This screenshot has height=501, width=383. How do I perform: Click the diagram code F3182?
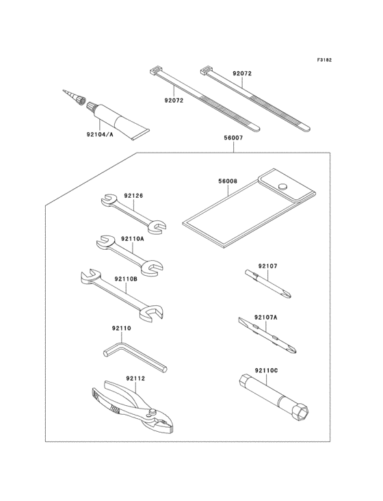pos(324,60)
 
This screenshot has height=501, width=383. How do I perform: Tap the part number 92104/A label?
pos(100,135)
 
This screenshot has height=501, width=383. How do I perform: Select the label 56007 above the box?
pos(233,138)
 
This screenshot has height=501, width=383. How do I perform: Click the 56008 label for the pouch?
pos(228,181)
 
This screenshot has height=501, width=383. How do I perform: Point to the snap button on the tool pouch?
pos(282,186)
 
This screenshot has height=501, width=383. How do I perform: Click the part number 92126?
pos(133,196)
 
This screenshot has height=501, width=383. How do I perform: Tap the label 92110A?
pos(133,239)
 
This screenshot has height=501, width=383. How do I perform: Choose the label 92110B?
pos(126,279)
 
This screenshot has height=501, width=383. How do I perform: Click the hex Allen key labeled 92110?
pos(135,357)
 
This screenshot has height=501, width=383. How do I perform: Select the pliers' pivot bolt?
pos(153,412)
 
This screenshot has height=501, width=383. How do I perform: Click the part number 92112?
pos(135,378)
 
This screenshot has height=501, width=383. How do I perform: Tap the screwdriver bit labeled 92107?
pos(268,284)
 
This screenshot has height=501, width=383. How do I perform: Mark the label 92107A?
pos(266,318)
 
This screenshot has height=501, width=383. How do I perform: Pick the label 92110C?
pos(266,371)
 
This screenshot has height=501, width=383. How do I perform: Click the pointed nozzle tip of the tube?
pos(64,91)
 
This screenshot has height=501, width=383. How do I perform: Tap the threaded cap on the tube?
pos(92,106)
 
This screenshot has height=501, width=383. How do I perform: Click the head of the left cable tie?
pos(155,70)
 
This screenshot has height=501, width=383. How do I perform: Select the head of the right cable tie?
pos(206,70)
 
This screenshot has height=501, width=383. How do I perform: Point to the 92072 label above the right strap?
pos(242,73)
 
